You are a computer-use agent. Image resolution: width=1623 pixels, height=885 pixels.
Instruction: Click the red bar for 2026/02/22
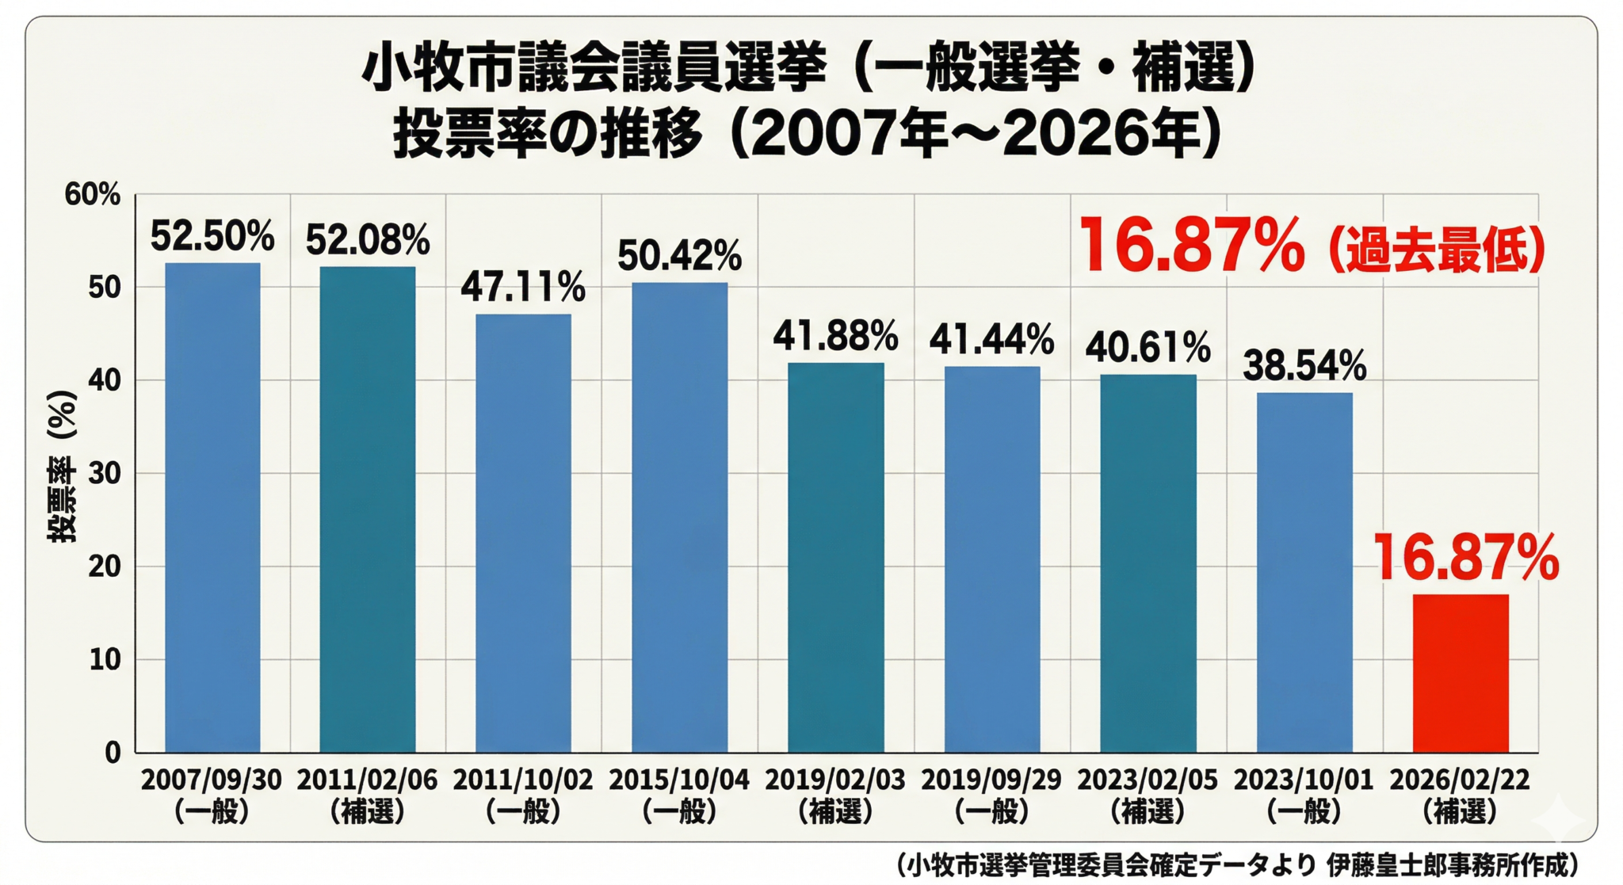pyautogui.click(x=1460, y=673)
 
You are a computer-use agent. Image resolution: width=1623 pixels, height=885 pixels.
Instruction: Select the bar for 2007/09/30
pyautogui.click(x=212, y=507)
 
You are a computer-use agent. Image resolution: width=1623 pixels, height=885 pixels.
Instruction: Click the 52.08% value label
pyautogui.click(x=368, y=240)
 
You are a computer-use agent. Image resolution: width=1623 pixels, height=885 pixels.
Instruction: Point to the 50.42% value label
pyautogui.click(x=679, y=255)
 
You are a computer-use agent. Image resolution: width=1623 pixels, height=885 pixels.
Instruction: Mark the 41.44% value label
pyautogui.click(x=991, y=340)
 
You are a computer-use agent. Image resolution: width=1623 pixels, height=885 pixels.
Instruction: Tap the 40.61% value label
pyautogui.click(x=1148, y=348)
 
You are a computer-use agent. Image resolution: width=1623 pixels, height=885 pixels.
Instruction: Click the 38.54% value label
pyautogui.click(x=1304, y=365)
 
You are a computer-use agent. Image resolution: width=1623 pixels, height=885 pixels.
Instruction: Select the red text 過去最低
pyautogui.click(x=1435, y=250)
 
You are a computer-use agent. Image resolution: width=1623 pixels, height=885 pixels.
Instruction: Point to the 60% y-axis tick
pyautogui.click(x=93, y=194)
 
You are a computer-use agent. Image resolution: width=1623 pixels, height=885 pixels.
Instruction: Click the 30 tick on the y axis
pyautogui.click(x=104, y=473)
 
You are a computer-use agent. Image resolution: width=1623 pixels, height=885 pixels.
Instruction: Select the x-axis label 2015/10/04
pyautogui.click(x=679, y=780)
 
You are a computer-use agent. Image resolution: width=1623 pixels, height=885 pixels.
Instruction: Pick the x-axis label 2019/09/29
pyautogui.click(x=991, y=780)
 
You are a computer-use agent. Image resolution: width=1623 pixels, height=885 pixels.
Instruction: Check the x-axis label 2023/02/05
pyautogui.click(x=1148, y=780)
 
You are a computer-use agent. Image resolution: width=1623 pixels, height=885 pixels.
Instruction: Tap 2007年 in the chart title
pyautogui.click(x=847, y=134)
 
